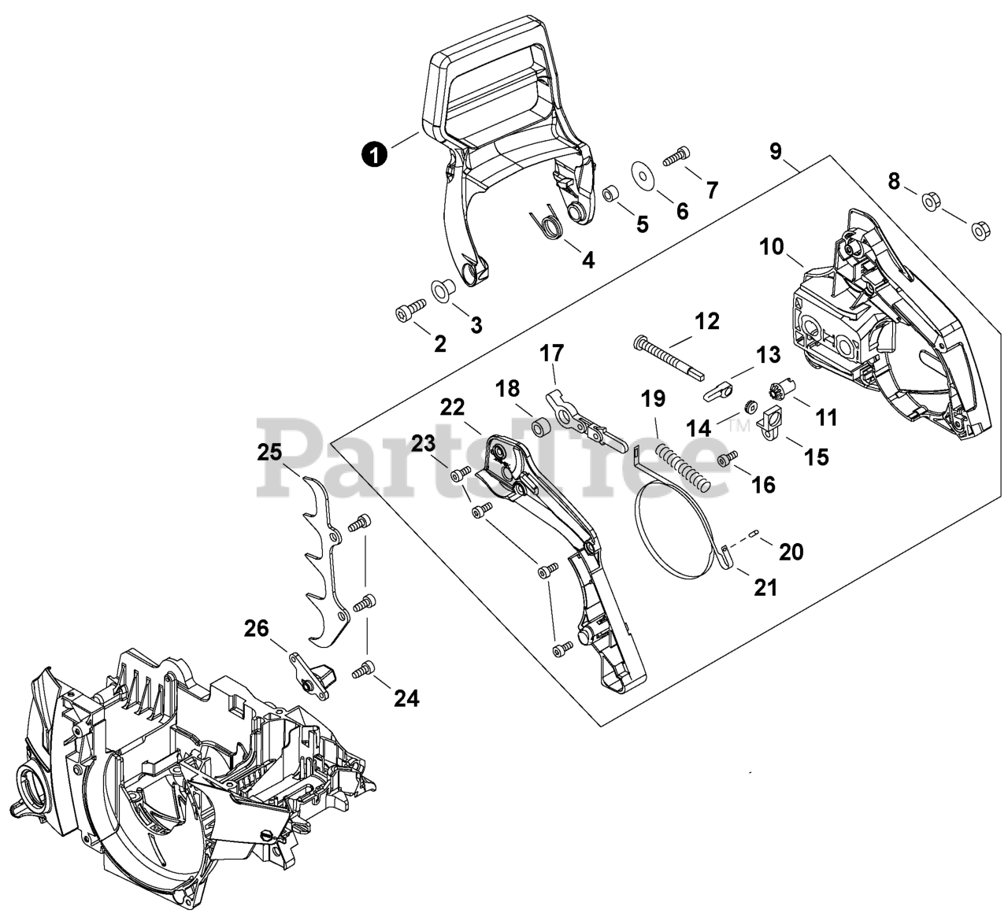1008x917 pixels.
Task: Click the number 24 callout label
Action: tap(406, 697)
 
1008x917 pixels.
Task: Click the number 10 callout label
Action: tap(772, 247)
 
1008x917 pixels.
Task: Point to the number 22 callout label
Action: tap(453, 407)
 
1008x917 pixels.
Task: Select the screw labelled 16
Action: tap(728, 457)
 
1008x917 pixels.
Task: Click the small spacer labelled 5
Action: tap(610, 194)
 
